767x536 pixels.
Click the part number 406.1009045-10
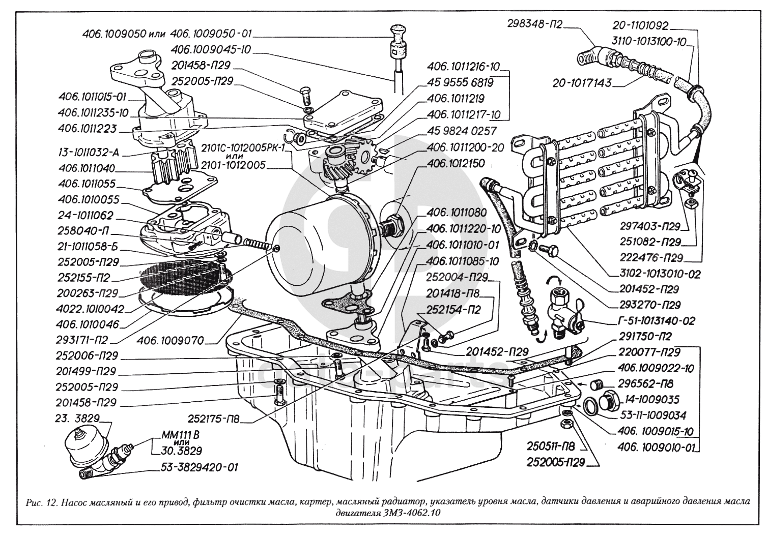coord(210,50)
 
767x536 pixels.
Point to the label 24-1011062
coord(85,215)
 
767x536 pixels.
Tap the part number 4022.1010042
coord(90,309)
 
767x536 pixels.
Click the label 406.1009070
coord(169,341)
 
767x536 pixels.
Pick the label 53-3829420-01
coord(200,467)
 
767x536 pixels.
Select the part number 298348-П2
coord(534,24)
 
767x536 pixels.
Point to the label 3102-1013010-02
coord(660,274)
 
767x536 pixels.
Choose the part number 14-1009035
coord(648,400)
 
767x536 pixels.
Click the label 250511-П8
coord(550,446)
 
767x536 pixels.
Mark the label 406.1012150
coord(456,163)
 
